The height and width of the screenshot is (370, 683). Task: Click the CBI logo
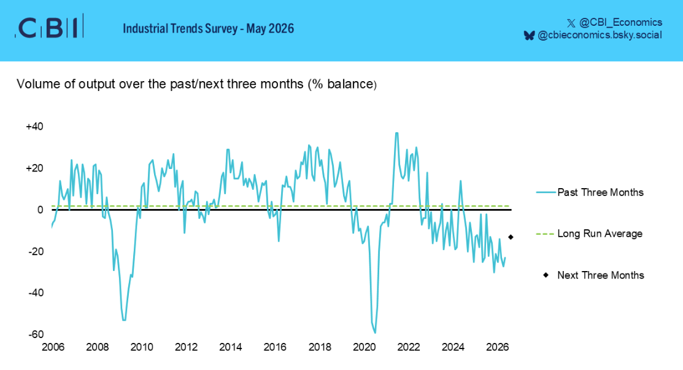click(49, 27)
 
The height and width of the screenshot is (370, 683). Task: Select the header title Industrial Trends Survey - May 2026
click(208, 29)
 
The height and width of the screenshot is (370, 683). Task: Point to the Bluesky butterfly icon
click(529, 36)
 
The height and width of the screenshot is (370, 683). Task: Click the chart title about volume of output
click(196, 84)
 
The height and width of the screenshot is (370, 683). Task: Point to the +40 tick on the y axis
click(34, 127)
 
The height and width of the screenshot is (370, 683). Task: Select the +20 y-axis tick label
click(34, 168)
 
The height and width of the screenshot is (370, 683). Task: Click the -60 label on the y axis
click(36, 334)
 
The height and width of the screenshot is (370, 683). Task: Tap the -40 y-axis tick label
click(36, 293)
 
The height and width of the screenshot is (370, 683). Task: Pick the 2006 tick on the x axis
click(53, 347)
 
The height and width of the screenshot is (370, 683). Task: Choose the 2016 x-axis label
click(275, 347)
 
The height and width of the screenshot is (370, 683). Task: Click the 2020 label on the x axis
click(364, 347)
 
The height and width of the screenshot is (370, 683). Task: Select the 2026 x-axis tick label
click(498, 347)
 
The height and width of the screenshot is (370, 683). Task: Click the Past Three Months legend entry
click(590, 192)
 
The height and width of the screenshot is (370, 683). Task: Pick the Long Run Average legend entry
click(589, 234)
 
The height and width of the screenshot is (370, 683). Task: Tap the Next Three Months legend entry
click(593, 275)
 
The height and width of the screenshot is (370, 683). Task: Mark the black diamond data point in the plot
click(511, 237)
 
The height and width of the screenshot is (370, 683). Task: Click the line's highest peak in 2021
click(396, 133)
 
